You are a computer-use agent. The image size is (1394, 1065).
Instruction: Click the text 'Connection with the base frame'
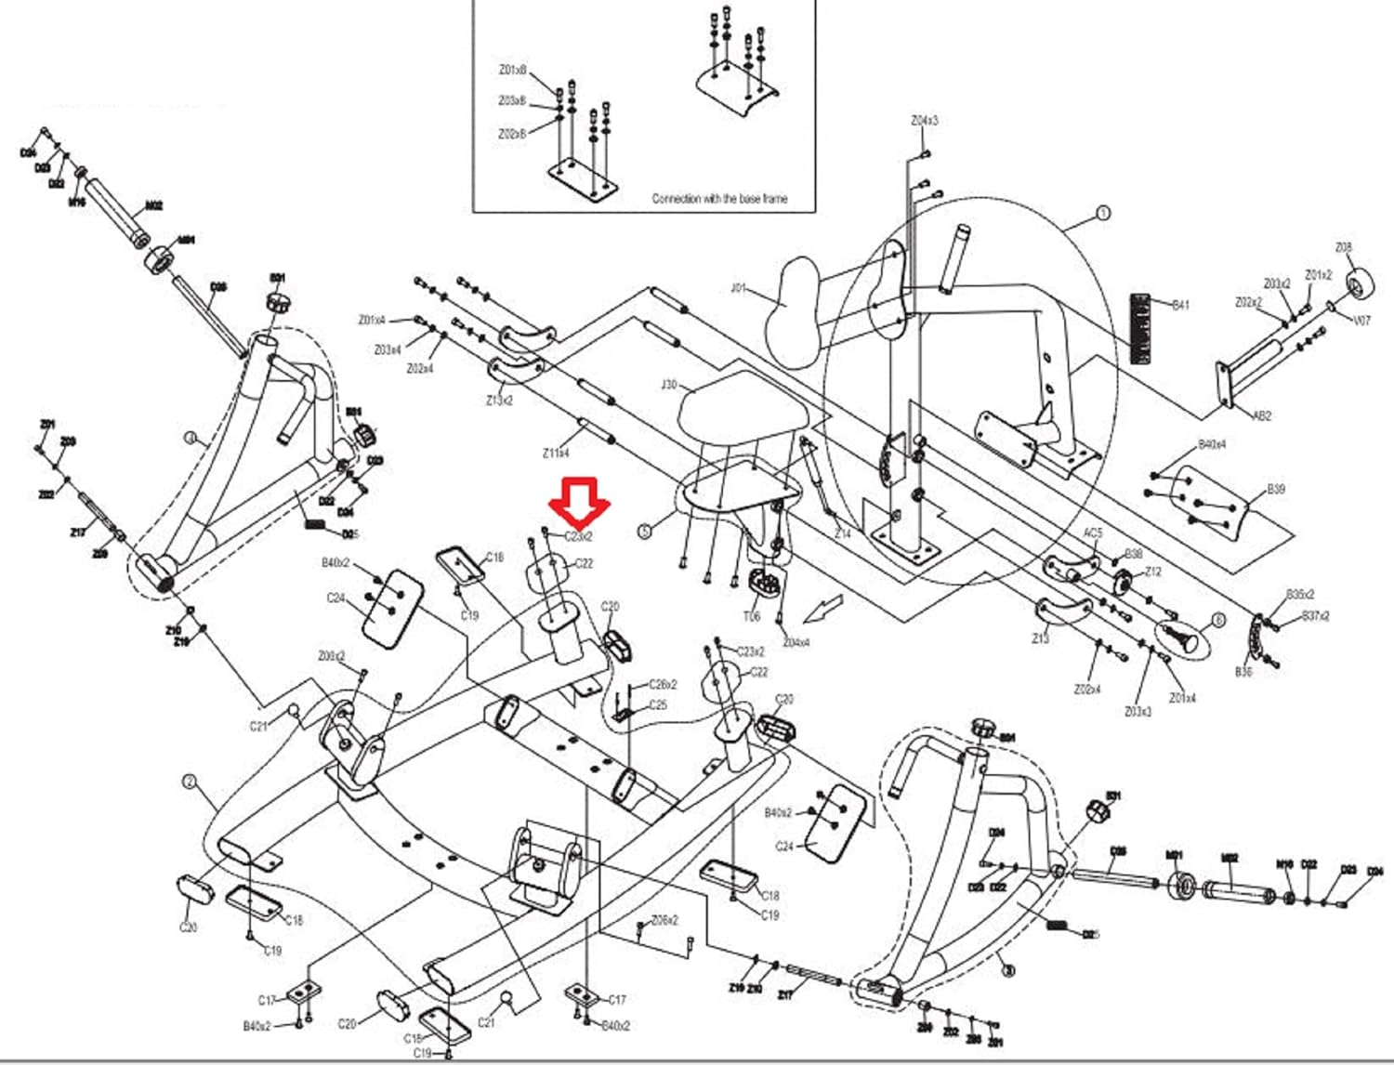(718, 198)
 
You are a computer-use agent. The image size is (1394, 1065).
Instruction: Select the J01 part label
(738, 288)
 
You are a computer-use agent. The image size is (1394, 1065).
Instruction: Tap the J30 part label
(668, 384)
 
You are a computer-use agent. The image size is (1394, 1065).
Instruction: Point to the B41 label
(1180, 305)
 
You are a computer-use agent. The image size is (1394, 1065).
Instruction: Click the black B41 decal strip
(1140, 328)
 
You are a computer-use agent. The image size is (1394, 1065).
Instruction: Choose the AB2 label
(1261, 416)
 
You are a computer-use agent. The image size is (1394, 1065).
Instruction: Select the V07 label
(1361, 321)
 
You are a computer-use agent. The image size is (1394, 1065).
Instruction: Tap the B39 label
(1275, 489)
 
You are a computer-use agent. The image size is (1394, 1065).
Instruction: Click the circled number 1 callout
(1103, 213)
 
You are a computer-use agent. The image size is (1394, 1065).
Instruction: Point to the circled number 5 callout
(645, 532)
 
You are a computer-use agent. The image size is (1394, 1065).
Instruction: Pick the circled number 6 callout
(1217, 620)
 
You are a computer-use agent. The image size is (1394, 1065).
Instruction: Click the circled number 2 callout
(190, 782)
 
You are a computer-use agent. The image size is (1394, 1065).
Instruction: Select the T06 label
(751, 616)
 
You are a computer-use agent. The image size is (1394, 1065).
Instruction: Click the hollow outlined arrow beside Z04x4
(823, 609)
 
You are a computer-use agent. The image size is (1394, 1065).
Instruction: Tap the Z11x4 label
(556, 453)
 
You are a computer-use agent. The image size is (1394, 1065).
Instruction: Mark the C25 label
(657, 704)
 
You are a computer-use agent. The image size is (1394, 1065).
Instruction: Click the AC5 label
(1093, 533)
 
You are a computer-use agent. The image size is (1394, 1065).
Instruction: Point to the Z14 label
(842, 534)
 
